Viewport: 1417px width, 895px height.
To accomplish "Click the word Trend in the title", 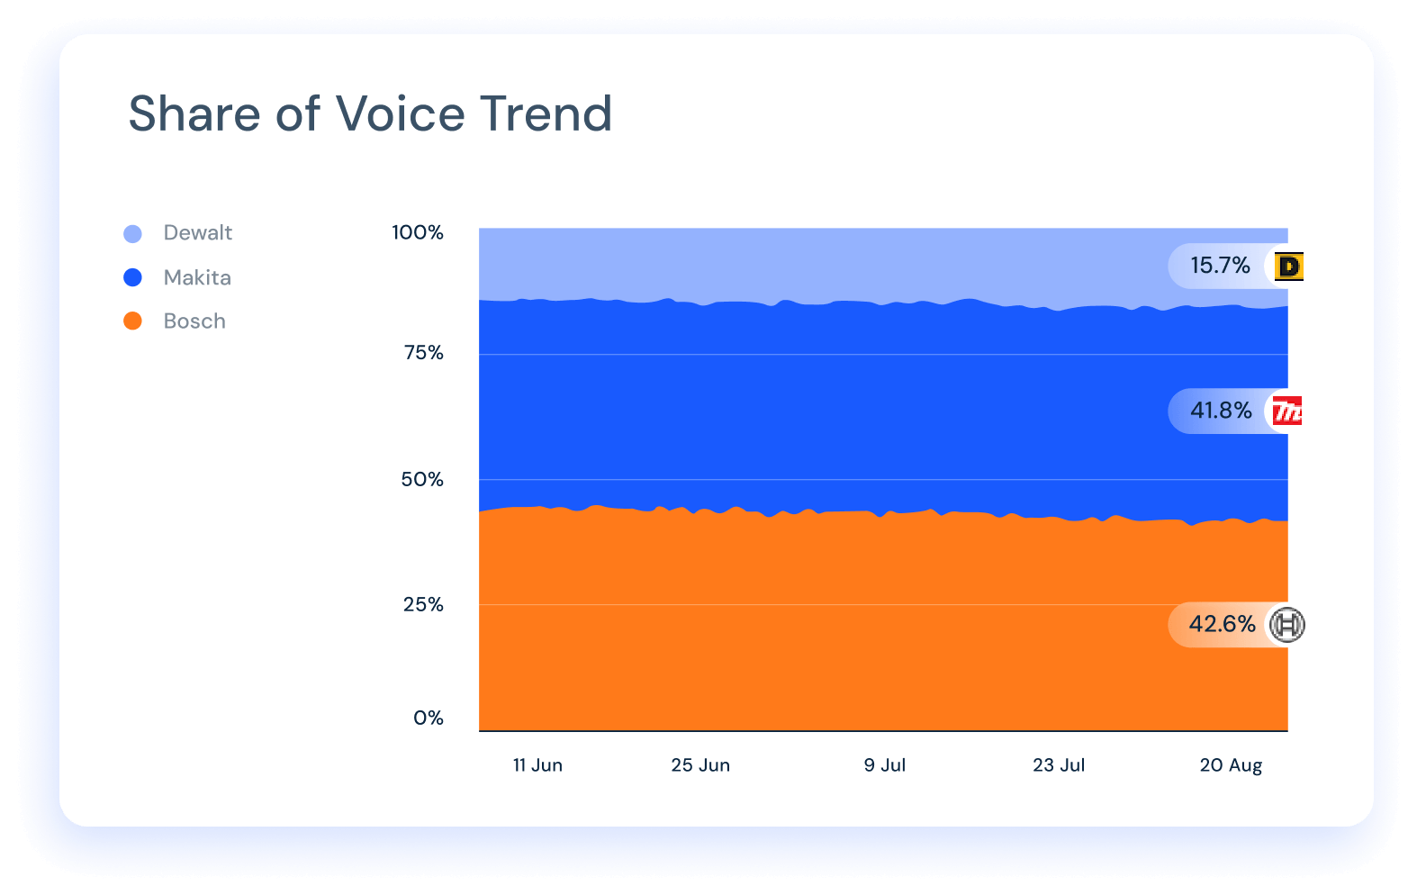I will point(546,114).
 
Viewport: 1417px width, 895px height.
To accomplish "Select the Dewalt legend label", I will point(197,233).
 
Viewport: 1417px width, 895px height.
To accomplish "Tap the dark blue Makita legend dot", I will point(132,277).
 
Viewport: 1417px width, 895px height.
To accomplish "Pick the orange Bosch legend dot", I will point(132,321).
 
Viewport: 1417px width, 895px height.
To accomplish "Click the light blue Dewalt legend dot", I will point(132,234).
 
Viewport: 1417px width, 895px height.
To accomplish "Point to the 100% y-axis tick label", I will point(417,232).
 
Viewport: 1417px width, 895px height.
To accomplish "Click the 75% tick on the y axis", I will point(423,353).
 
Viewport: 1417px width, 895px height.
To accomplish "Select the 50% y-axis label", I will point(422,479).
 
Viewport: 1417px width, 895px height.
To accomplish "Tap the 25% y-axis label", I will point(423,604).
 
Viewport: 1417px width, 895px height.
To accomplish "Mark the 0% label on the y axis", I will point(428,718).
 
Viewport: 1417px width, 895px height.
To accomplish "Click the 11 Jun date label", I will point(537,765).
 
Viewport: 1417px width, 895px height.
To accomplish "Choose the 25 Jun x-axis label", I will point(699,765).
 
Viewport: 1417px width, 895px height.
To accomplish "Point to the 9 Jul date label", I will point(884,765).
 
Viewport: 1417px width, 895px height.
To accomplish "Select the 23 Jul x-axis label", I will point(1058,765).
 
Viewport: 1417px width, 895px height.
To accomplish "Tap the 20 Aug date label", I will point(1230,765).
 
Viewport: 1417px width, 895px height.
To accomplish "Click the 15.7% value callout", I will point(1220,266).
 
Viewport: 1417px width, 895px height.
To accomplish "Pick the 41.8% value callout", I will point(1221,411).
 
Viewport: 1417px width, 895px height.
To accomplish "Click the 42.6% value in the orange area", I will point(1222,624).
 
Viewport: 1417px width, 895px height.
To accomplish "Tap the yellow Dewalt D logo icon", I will point(1289,267).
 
